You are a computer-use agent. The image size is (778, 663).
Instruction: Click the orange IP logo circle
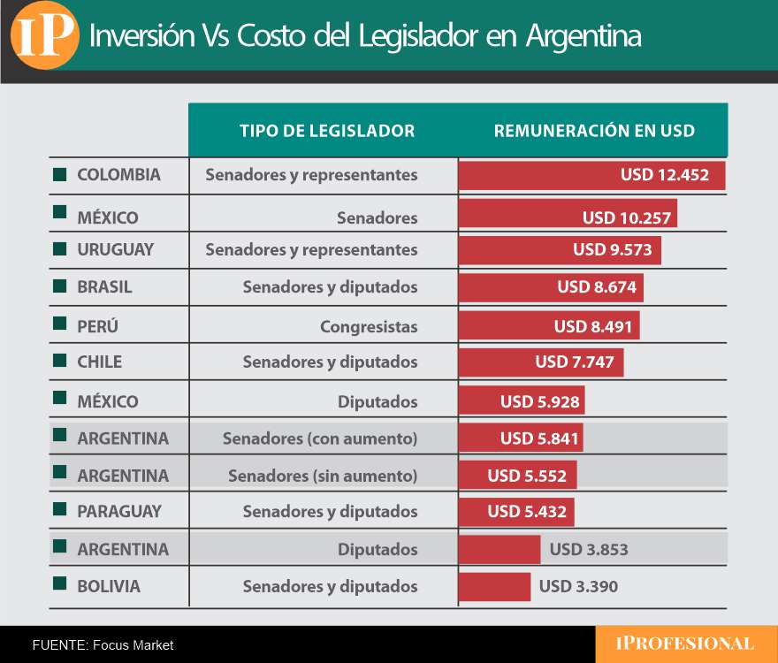pyautogui.click(x=44, y=36)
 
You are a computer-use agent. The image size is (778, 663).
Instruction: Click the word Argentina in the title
pyautogui.click(x=583, y=36)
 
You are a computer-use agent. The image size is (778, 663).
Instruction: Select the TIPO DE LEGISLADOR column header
pyautogui.click(x=326, y=131)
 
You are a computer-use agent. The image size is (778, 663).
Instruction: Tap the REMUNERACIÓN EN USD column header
pyautogui.click(x=594, y=131)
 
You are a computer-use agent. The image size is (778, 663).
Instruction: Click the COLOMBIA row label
pyautogui.click(x=118, y=175)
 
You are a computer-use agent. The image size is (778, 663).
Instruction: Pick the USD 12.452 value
pyautogui.click(x=665, y=175)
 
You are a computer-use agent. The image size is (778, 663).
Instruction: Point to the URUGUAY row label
pyautogui.click(x=115, y=250)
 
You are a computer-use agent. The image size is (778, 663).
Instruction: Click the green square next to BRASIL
pyautogui.click(x=60, y=286)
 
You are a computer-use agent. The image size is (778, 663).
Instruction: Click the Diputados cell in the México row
pyautogui.click(x=377, y=402)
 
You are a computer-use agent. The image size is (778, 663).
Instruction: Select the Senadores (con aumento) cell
pyautogui.click(x=319, y=438)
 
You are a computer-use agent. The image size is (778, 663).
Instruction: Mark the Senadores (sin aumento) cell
pyautogui.click(x=322, y=476)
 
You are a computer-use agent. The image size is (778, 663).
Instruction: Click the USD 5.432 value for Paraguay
pyautogui.click(x=527, y=512)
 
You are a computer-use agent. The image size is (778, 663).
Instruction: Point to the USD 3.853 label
pyautogui.click(x=589, y=550)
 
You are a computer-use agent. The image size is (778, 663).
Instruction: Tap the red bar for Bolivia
pyautogui.click(x=494, y=587)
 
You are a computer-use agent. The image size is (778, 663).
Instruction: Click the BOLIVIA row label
pyautogui.click(x=108, y=587)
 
